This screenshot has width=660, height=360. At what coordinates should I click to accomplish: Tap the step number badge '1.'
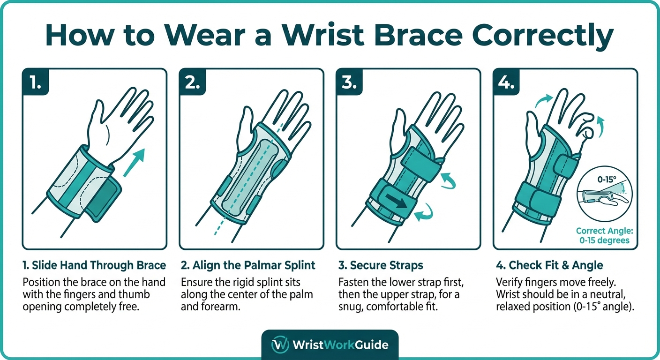[35, 83]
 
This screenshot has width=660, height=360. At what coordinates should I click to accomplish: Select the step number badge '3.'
[349, 83]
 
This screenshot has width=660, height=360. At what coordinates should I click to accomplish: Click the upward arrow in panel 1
[134, 162]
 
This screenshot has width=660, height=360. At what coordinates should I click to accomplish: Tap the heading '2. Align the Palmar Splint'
[248, 265]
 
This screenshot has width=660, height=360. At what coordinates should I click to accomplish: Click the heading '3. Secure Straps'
[381, 265]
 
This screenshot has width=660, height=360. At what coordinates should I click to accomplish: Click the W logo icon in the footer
[280, 345]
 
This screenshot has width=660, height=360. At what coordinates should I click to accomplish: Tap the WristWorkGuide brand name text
[340, 345]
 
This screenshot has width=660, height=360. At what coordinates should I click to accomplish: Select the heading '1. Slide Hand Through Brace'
[94, 265]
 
